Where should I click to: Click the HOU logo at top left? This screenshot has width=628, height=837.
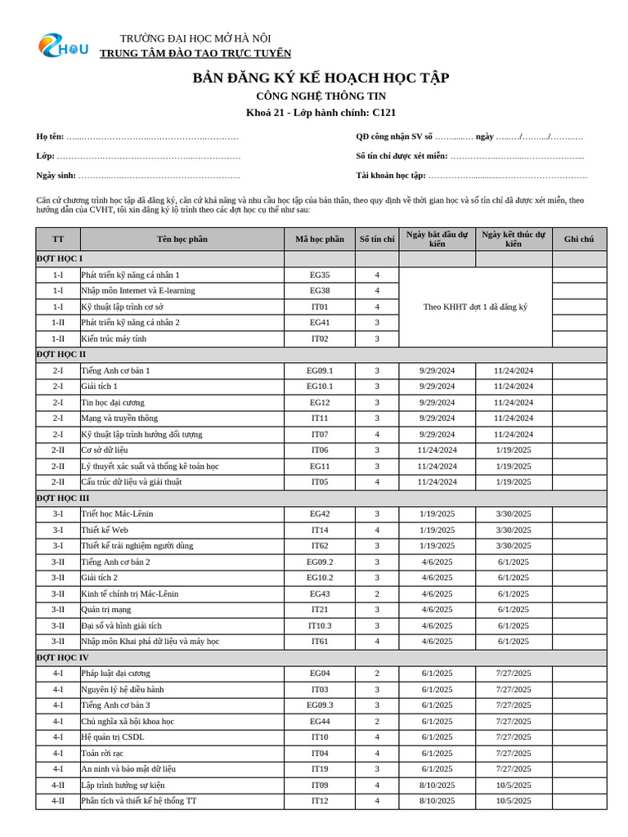tap(63, 47)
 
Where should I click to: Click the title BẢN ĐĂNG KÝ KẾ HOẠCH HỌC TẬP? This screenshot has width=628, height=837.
tap(321, 78)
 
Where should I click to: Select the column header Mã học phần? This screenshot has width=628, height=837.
tap(320, 239)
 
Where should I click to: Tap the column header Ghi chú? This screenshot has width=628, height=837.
tap(579, 239)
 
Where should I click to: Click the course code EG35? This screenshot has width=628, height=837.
tap(320, 275)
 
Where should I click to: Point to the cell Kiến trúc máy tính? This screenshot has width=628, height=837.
tap(114, 338)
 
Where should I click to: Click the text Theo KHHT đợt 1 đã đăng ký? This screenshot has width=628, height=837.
tap(475, 307)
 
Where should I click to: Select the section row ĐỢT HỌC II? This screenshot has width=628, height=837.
tap(61, 355)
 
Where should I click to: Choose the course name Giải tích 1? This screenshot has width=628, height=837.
tap(99, 387)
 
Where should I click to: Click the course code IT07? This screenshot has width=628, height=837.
tap(320, 434)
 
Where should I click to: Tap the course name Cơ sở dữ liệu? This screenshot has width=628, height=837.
tap(105, 450)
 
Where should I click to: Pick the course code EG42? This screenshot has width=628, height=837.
tap(320, 514)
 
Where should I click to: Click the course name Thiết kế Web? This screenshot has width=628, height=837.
tap(105, 530)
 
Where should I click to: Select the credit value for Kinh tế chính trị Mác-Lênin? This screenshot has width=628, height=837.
tap(377, 593)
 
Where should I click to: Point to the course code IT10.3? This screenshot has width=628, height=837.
tap(320, 625)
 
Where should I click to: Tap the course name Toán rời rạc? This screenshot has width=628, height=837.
tap(102, 753)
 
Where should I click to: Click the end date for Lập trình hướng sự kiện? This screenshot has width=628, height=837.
tap(514, 785)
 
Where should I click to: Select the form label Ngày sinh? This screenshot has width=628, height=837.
tap(56, 175)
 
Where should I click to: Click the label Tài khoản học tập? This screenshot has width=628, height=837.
tap(391, 175)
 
